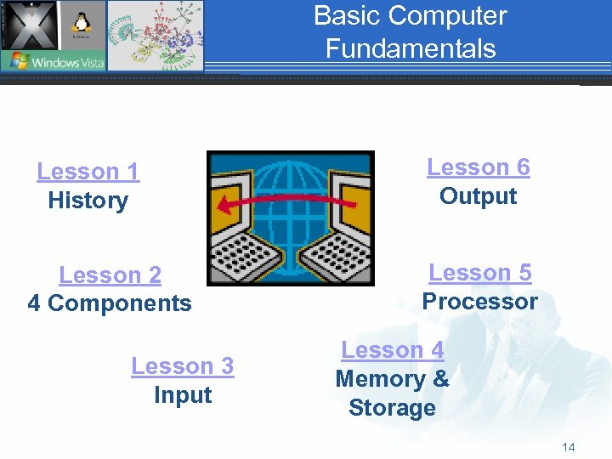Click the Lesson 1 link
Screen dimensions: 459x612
(88, 172)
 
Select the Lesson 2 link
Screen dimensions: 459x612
(110, 275)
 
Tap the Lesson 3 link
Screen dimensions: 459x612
(182, 366)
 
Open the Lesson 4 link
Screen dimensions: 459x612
(392, 350)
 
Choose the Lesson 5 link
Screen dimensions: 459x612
(479, 273)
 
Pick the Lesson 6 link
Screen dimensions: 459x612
(478, 167)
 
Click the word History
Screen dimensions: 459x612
(88, 201)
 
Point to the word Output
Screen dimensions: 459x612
(478, 196)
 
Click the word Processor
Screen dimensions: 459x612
(479, 302)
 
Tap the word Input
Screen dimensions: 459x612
(182, 395)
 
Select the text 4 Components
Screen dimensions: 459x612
(110, 303)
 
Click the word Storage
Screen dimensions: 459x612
(392, 408)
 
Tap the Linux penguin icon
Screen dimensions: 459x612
(82, 24)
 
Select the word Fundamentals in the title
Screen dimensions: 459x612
(410, 48)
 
